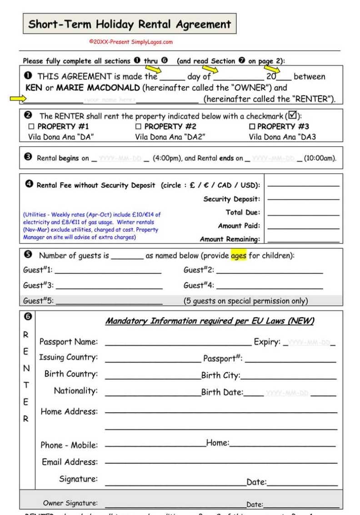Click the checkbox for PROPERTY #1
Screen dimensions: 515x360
pyautogui.click(x=31, y=126)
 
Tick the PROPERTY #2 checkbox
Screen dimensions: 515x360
pyautogui.click(x=138, y=126)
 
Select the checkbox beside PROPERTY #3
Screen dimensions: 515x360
pyautogui.click(x=252, y=126)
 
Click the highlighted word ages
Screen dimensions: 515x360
pyautogui.click(x=238, y=256)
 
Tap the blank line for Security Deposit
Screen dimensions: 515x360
pyautogui.click(x=303, y=199)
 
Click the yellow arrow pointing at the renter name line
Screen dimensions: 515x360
pyautogui.click(x=18, y=98)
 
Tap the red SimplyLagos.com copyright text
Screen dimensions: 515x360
pyautogui.click(x=131, y=42)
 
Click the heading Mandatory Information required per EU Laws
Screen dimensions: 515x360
pyautogui.click(x=210, y=321)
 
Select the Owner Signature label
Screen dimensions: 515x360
pyautogui.click(x=70, y=503)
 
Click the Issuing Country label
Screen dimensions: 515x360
pyautogui.click(x=68, y=357)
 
